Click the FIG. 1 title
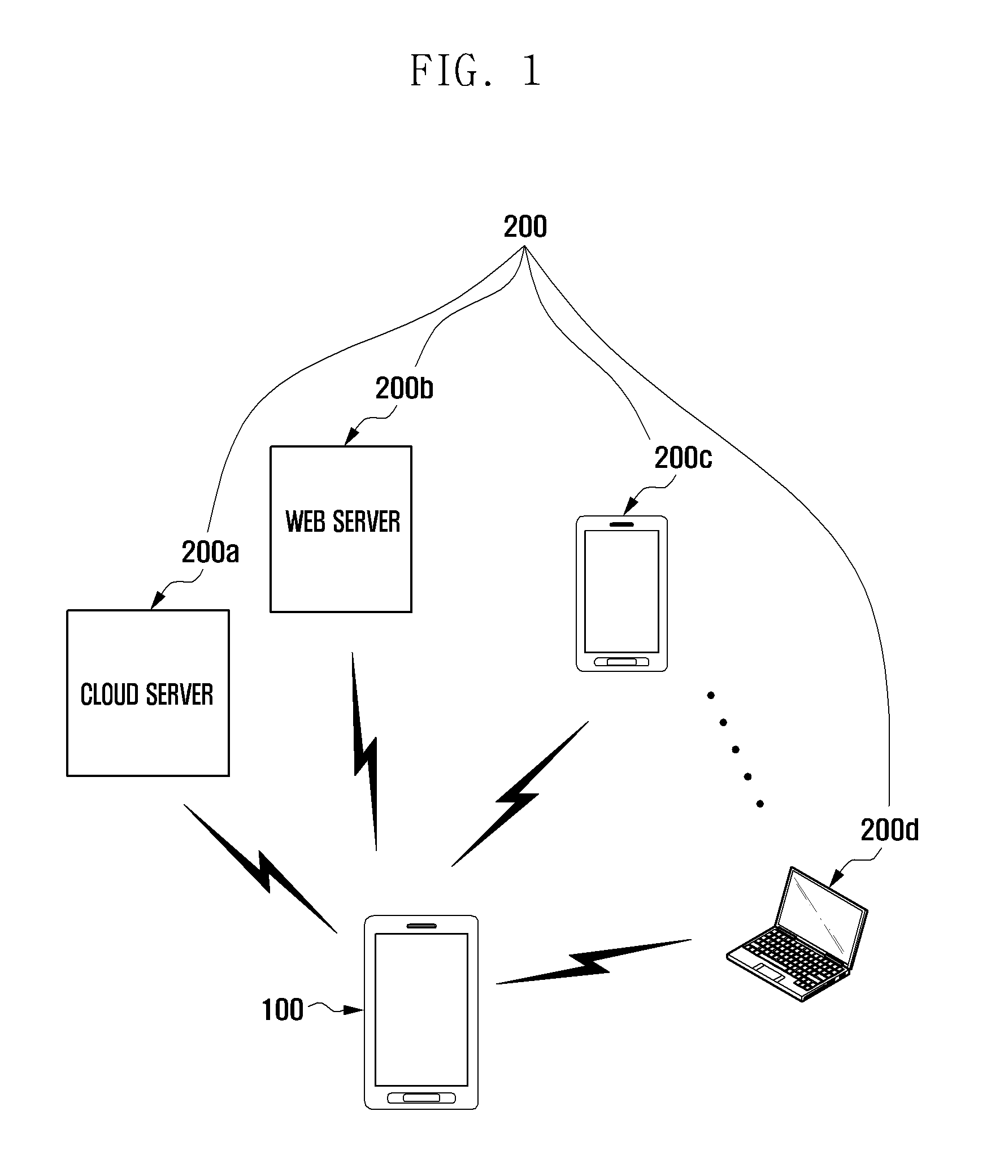(x=476, y=71)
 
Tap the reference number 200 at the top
(x=525, y=227)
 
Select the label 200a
(x=210, y=552)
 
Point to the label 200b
(x=404, y=388)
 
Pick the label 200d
(x=889, y=830)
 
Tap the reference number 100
(x=282, y=1010)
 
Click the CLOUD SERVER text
(x=147, y=694)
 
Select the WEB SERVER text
(x=342, y=521)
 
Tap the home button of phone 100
(x=421, y=1097)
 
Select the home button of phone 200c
(x=621, y=662)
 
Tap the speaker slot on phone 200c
(x=621, y=524)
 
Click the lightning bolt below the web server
(x=364, y=751)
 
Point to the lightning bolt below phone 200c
(x=520, y=793)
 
